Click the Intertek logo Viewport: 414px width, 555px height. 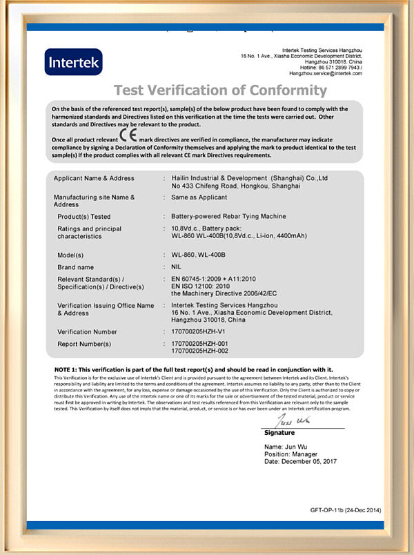point(73,62)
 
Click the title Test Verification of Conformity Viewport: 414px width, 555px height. point(220,90)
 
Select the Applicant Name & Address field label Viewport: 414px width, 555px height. point(94,178)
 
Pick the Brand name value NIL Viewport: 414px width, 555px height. point(177,266)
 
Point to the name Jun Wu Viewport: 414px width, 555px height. point(290,447)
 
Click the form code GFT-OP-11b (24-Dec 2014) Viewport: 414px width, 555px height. point(345,511)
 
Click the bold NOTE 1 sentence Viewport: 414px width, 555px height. point(193,369)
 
